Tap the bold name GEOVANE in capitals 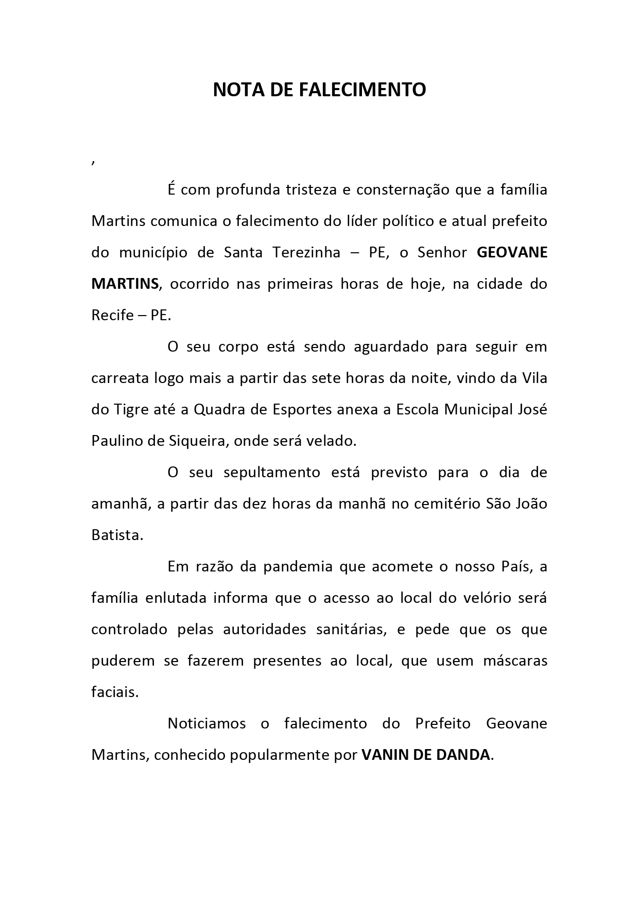(512, 253)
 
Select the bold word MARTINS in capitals (125, 284)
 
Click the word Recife (112, 316)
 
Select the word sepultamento (272, 473)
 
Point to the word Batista (117, 535)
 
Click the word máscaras (515, 661)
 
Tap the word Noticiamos (206, 724)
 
